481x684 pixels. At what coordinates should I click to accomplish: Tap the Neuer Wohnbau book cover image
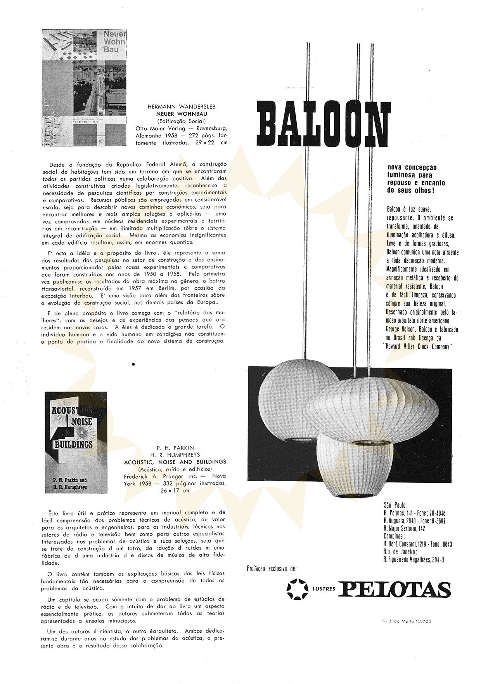click(84, 89)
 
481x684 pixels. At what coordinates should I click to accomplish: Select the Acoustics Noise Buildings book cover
click(76, 443)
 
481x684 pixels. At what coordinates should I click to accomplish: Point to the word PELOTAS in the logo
click(394, 589)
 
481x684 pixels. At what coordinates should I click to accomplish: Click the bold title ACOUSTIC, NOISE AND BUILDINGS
click(175, 462)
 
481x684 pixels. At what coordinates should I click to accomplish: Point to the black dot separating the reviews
click(133, 364)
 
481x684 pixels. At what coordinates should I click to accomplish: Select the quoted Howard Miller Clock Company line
click(417, 346)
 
